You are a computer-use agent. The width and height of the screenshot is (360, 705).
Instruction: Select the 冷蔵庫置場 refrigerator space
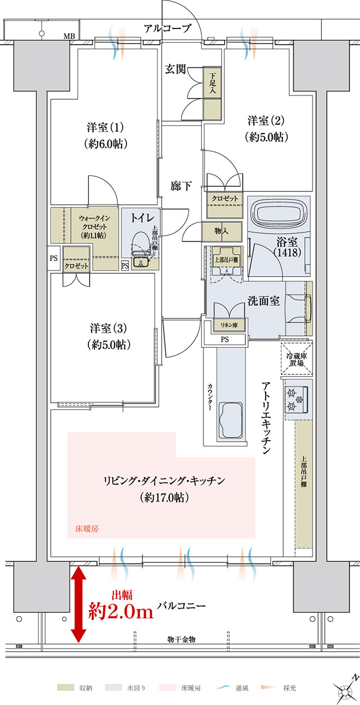(x=297, y=359)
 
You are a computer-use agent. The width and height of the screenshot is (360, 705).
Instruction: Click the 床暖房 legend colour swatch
(x=169, y=688)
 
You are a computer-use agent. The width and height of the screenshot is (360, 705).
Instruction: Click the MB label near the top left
(x=69, y=37)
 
